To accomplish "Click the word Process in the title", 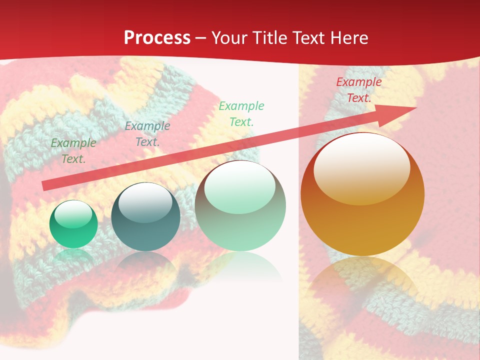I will [157, 38].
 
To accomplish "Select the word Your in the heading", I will [230, 38].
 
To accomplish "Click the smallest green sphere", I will [73, 224].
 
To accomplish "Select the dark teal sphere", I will [145, 217].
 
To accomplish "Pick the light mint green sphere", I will [240, 206].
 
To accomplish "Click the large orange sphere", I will [362, 195].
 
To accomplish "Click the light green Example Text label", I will [241, 113].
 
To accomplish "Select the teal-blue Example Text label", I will [147, 134].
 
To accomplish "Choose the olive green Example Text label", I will [73, 151].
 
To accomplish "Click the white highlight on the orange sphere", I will [362, 168].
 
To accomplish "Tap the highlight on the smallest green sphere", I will [73, 214].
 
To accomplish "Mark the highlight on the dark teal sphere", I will [145, 203].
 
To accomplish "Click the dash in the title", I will [201, 38].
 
